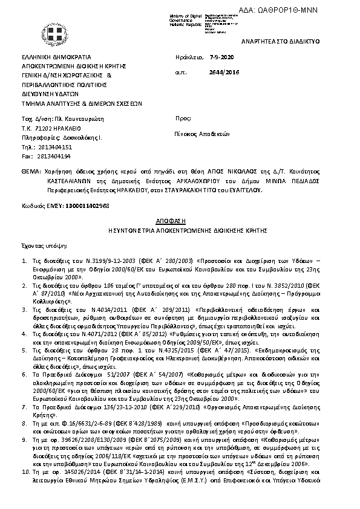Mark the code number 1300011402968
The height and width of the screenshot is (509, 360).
88,206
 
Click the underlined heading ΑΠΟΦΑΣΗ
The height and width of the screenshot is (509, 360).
179,221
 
